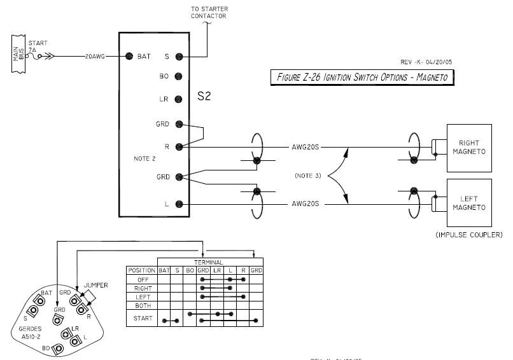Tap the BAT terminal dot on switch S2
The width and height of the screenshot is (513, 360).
[129, 56]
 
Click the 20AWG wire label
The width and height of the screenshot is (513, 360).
[95, 56]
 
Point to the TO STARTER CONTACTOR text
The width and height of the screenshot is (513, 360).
[209, 12]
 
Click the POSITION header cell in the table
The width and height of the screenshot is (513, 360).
[141, 270]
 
